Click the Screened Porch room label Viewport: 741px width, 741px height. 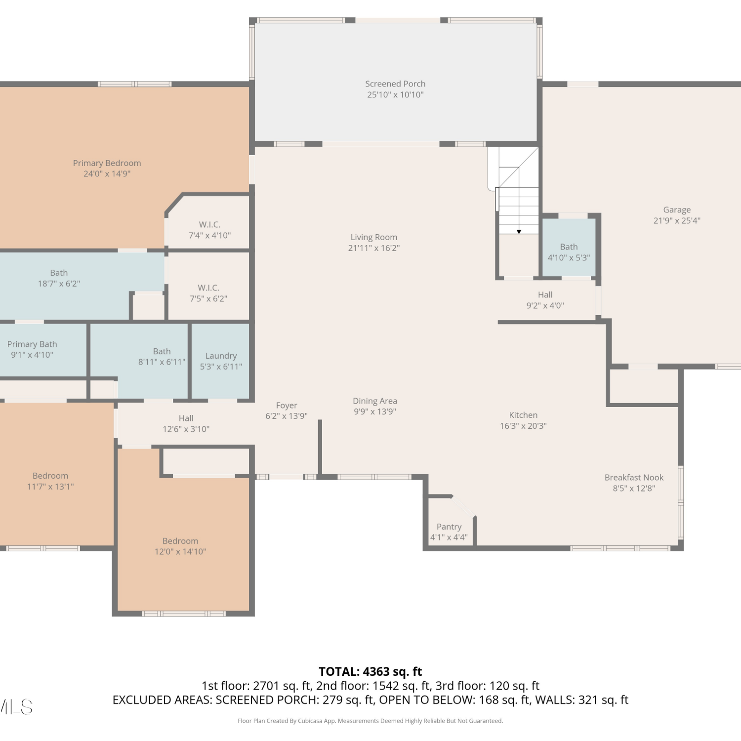click(395, 84)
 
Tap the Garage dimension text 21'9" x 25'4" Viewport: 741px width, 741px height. click(677, 221)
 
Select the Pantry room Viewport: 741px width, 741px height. click(449, 524)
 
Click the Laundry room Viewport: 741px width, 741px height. click(220, 361)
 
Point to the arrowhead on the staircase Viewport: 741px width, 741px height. click(519, 232)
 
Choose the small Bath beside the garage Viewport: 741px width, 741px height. click(569, 247)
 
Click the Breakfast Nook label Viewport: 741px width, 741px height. click(634, 478)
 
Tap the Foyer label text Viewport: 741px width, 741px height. click(287, 406)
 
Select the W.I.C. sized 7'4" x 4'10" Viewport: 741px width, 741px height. click(209, 225)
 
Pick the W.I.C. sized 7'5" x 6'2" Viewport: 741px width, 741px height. click(208, 288)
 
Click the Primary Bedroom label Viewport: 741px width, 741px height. click(107, 163)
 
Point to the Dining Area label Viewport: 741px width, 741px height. click(375, 401)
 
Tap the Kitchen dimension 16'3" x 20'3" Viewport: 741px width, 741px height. click(523, 426)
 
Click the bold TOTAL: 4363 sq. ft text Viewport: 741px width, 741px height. click(370, 671)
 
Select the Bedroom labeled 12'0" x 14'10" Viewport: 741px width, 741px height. click(183, 543)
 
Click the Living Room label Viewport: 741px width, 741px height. click(374, 238)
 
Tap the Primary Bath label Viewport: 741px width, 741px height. click(32, 344)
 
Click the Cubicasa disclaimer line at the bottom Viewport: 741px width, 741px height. click(370, 721)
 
